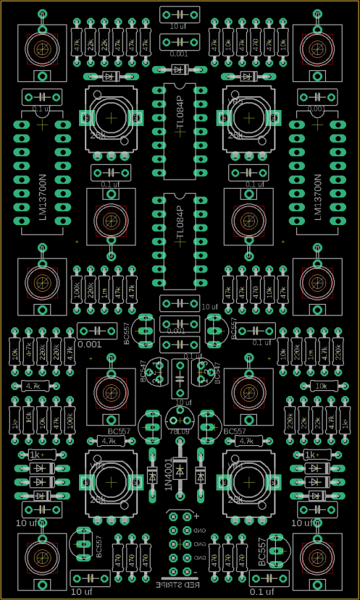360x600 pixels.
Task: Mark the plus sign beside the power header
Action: click(x=196, y=515)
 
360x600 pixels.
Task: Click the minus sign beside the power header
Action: click(x=196, y=573)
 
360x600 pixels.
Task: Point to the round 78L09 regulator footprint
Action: click(x=179, y=418)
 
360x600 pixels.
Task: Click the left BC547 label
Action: click(x=143, y=371)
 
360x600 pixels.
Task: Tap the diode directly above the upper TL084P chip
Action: click(x=180, y=69)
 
